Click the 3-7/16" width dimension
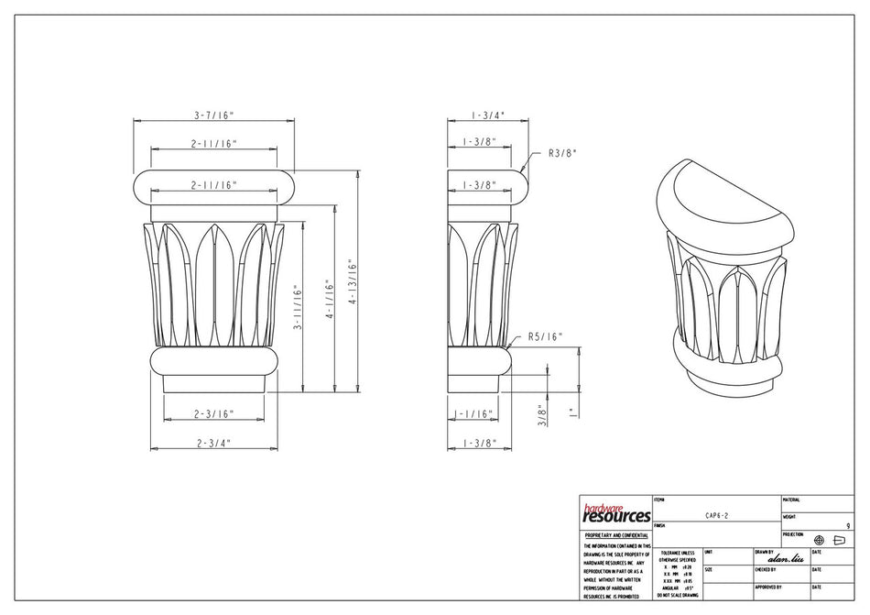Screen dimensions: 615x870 tap(214, 115)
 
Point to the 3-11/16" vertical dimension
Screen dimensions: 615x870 tap(297, 313)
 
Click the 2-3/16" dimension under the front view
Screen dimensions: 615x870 tap(214, 414)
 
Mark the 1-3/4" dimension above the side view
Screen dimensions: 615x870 tap(486, 115)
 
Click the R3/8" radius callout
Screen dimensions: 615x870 tap(561, 153)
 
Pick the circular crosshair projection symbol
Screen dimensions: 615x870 tap(819, 540)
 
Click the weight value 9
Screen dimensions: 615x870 tap(848, 526)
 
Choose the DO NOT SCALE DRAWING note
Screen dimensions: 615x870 tap(677, 596)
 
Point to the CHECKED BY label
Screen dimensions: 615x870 tap(766, 569)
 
